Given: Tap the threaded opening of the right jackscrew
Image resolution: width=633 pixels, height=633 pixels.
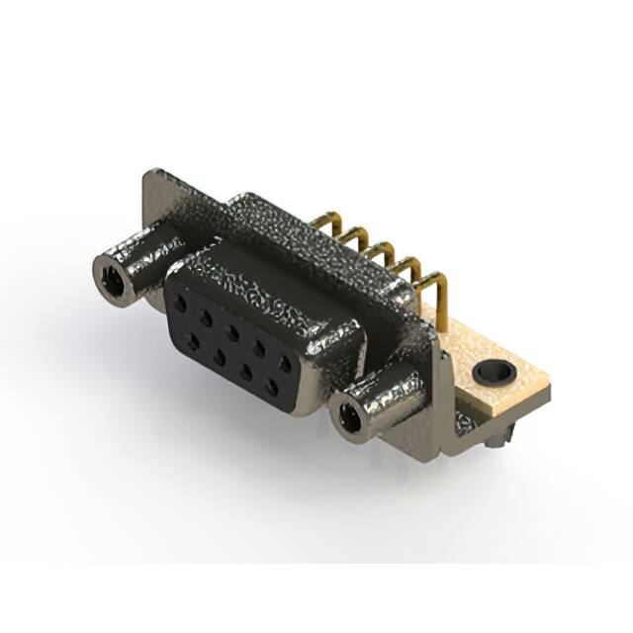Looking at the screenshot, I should click(348, 418).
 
